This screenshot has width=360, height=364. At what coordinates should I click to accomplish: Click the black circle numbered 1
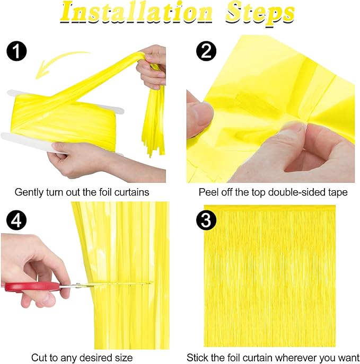click(x=16, y=51)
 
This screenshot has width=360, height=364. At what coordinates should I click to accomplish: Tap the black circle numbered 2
click(x=206, y=51)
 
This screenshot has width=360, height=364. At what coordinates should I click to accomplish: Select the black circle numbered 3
click(x=206, y=220)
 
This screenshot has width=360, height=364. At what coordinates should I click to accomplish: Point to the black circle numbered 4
click(x=16, y=220)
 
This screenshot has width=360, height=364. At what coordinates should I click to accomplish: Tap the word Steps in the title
click(x=260, y=14)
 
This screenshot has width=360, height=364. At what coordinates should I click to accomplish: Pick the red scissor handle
click(x=32, y=287)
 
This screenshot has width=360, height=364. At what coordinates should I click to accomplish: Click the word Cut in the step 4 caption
click(x=39, y=358)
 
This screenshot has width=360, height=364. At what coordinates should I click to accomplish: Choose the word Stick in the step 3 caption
click(x=197, y=358)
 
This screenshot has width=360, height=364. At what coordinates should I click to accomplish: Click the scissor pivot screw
click(x=78, y=285)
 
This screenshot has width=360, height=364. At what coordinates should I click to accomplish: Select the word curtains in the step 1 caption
click(x=132, y=192)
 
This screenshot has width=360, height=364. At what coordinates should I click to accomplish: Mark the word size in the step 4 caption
click(x=124, y=358)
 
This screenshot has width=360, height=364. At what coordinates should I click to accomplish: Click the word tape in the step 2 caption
click(x=337, y=192)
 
